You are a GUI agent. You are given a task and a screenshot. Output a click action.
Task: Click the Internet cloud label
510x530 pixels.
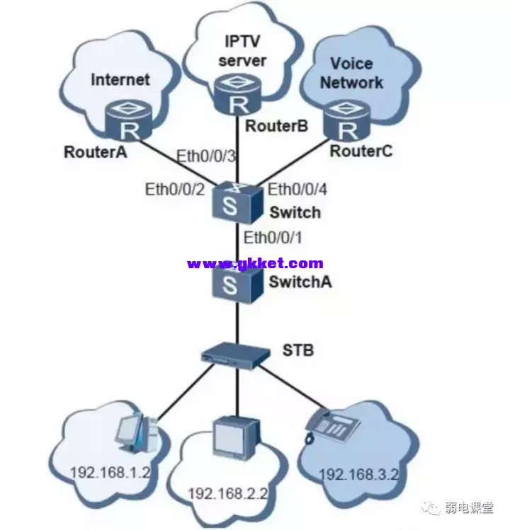tap(120, 79)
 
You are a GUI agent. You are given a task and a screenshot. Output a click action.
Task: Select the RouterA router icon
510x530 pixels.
tap(130, 122)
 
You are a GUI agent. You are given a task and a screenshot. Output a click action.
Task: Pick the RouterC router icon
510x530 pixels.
tap(348, 122)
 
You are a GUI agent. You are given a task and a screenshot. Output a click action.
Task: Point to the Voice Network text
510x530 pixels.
tap(351, 73)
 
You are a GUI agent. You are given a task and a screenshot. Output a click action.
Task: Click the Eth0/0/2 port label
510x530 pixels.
tap(175, 189)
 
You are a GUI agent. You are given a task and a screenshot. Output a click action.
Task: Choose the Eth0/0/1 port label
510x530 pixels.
tap(273, 238)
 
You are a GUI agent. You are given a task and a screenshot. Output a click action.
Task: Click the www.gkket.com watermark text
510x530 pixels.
tap(255, 263)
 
